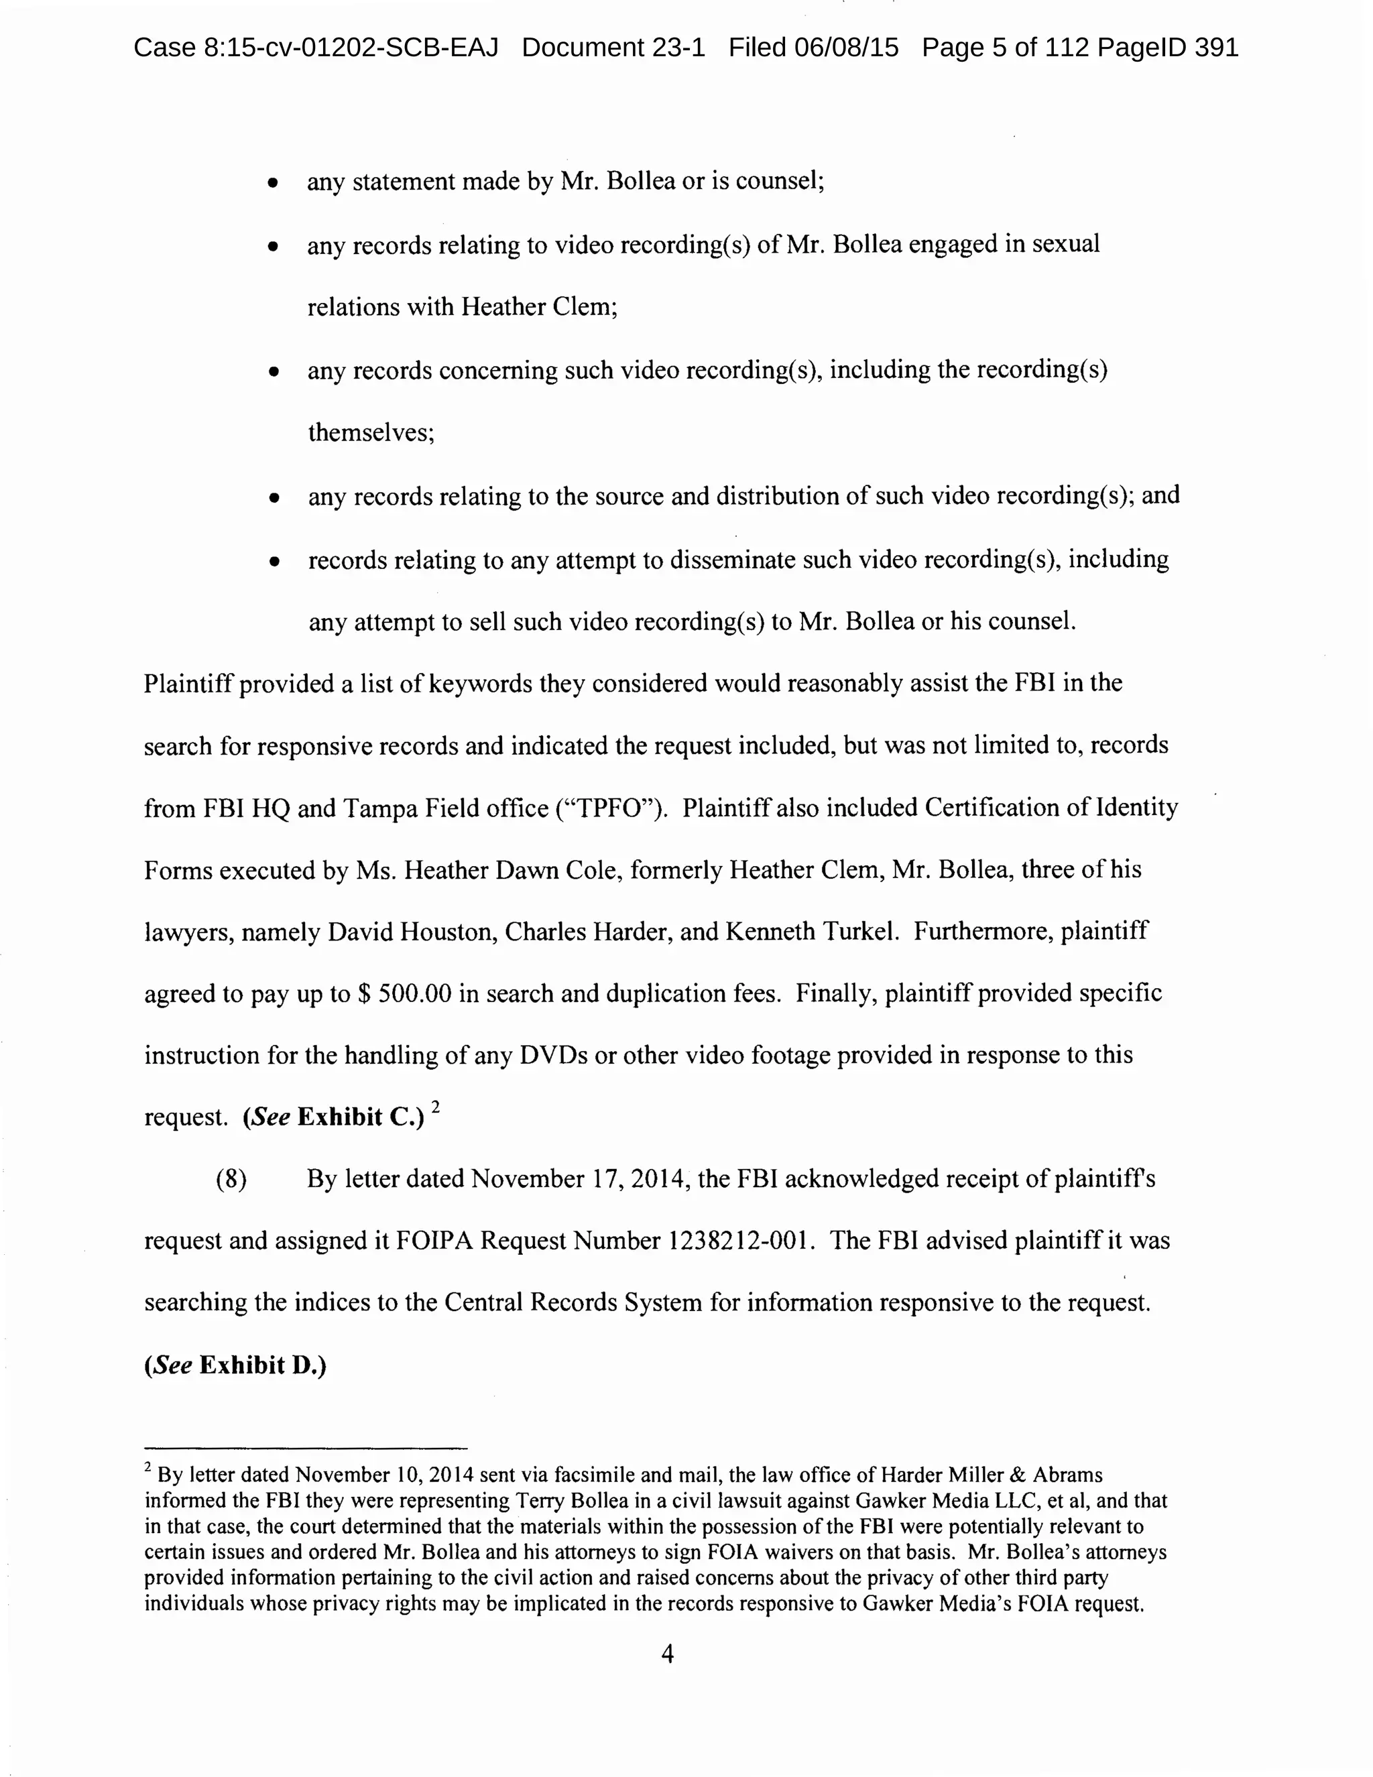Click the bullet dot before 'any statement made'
274,183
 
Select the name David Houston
412,932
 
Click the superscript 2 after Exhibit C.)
436,1107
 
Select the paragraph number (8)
231,1179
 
